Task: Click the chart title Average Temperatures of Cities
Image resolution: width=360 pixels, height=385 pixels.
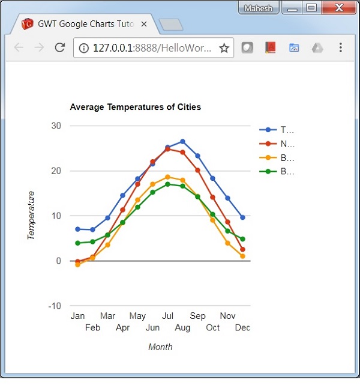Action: tap(135, 108)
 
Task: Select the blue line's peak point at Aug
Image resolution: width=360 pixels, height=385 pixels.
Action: tap(182, 142)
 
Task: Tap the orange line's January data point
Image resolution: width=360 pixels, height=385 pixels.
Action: tap(77, 264)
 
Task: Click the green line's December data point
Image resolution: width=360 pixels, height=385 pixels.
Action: tap(242, 239)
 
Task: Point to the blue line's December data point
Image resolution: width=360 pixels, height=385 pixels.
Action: tap(242, 217)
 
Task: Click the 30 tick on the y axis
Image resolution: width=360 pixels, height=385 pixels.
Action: tap(56, 126)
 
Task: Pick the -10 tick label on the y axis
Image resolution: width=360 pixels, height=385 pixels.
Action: tap(55, 306)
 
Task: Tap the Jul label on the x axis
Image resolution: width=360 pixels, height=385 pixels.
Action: tap(167, 316)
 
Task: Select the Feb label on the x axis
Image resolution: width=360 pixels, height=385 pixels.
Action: tap(92, 328)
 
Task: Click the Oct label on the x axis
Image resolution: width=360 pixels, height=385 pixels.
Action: tap(212, 328)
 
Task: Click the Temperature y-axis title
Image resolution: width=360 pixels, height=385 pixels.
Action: tap(31, 216)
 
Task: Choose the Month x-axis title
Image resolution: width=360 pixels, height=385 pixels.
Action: tap(160, 347)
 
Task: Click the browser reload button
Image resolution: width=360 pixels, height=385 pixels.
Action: tap(59, 48)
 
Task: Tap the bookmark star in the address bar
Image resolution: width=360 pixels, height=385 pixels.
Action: tap(224, 48)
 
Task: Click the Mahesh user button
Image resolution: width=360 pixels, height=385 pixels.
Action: tap(259, 8)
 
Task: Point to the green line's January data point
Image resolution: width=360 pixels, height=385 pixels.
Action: tap(77, 243)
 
